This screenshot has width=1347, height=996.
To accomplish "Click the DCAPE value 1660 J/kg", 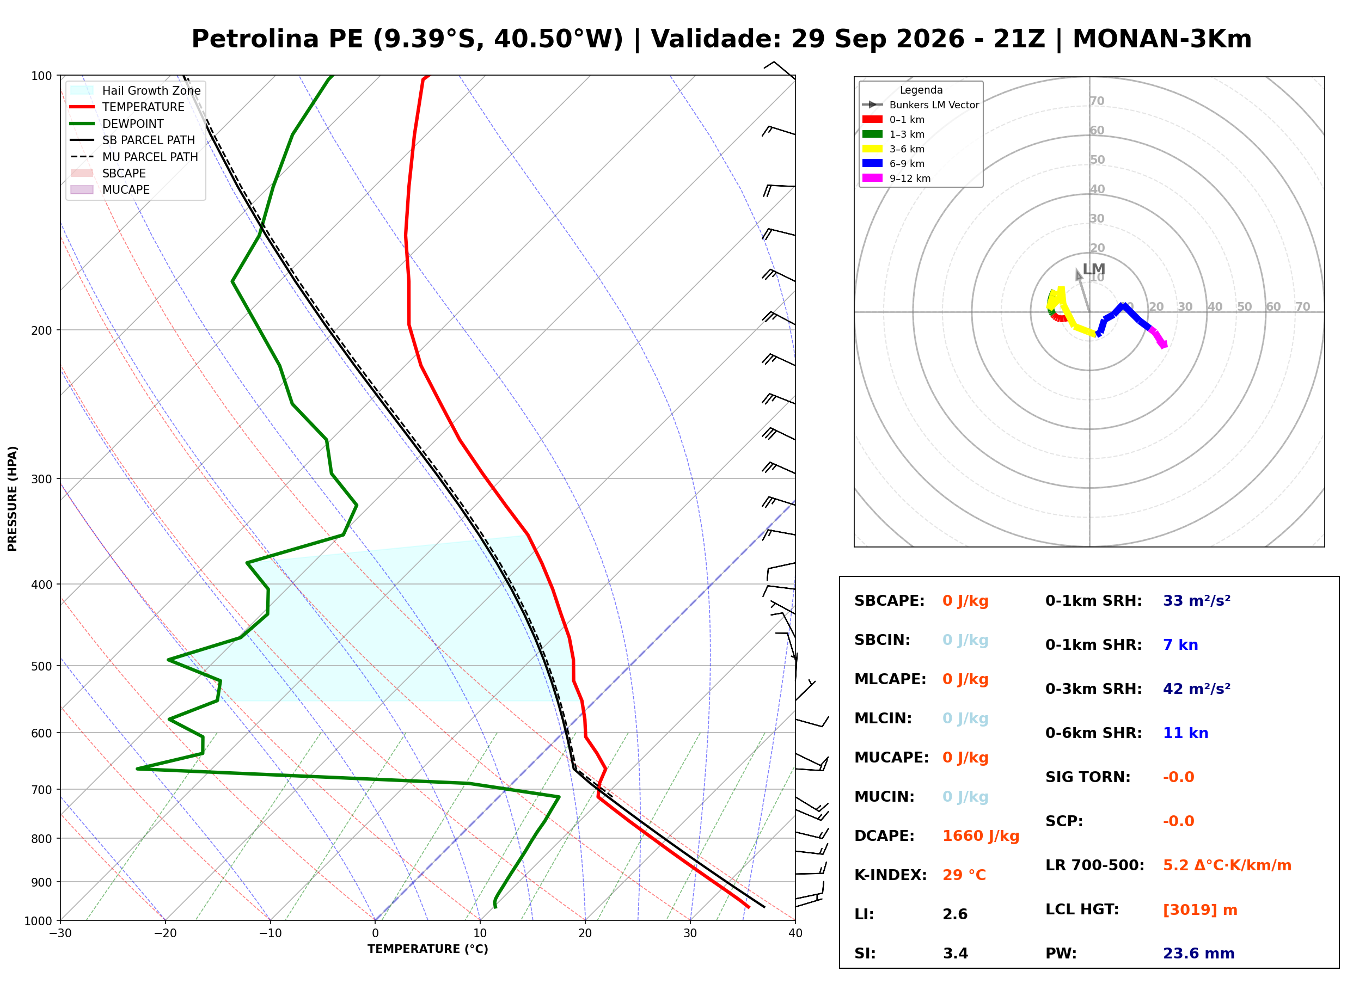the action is [x=981, y=836].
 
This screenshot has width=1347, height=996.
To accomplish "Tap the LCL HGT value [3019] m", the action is [x=1200, y=910].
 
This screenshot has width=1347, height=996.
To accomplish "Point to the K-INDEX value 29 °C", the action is [x=964, y=875].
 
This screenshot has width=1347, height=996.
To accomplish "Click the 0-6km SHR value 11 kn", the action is [x=1185, y=733].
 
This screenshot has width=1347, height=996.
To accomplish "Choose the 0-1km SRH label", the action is [x=1093, y=601].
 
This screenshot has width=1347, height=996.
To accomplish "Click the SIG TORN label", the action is [x=1088, y=777].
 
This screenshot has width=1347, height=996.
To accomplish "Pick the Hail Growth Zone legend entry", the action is [x=136, y=90].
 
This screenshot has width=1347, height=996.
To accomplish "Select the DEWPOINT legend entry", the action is [x=117, y=124].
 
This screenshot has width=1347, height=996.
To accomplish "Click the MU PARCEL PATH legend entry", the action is [x=134, y=157].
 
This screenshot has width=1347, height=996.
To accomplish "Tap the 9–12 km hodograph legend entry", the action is [x=896, y=179].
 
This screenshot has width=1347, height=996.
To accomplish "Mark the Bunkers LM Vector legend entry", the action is [x=921, y=105].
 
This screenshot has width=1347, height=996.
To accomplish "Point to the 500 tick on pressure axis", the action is [x=41, y=666].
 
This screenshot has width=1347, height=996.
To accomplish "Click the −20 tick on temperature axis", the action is [x=165, y=933].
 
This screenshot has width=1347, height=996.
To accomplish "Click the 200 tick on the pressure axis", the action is [x=41, y=330].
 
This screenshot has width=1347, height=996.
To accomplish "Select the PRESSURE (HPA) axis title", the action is [x=13, y=499].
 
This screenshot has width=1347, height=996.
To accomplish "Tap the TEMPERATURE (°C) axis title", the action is [x=428, y=949].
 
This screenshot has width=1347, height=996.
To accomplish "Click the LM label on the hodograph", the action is [x=1094, y=269].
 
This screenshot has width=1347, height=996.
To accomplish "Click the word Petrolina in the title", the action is [x=255, y=39].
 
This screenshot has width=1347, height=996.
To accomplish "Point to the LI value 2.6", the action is [x=955, y=914].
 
